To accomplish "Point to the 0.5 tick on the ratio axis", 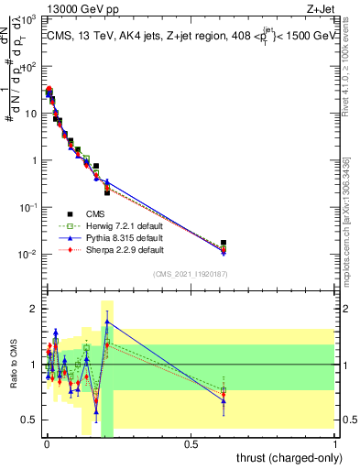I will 29,420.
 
